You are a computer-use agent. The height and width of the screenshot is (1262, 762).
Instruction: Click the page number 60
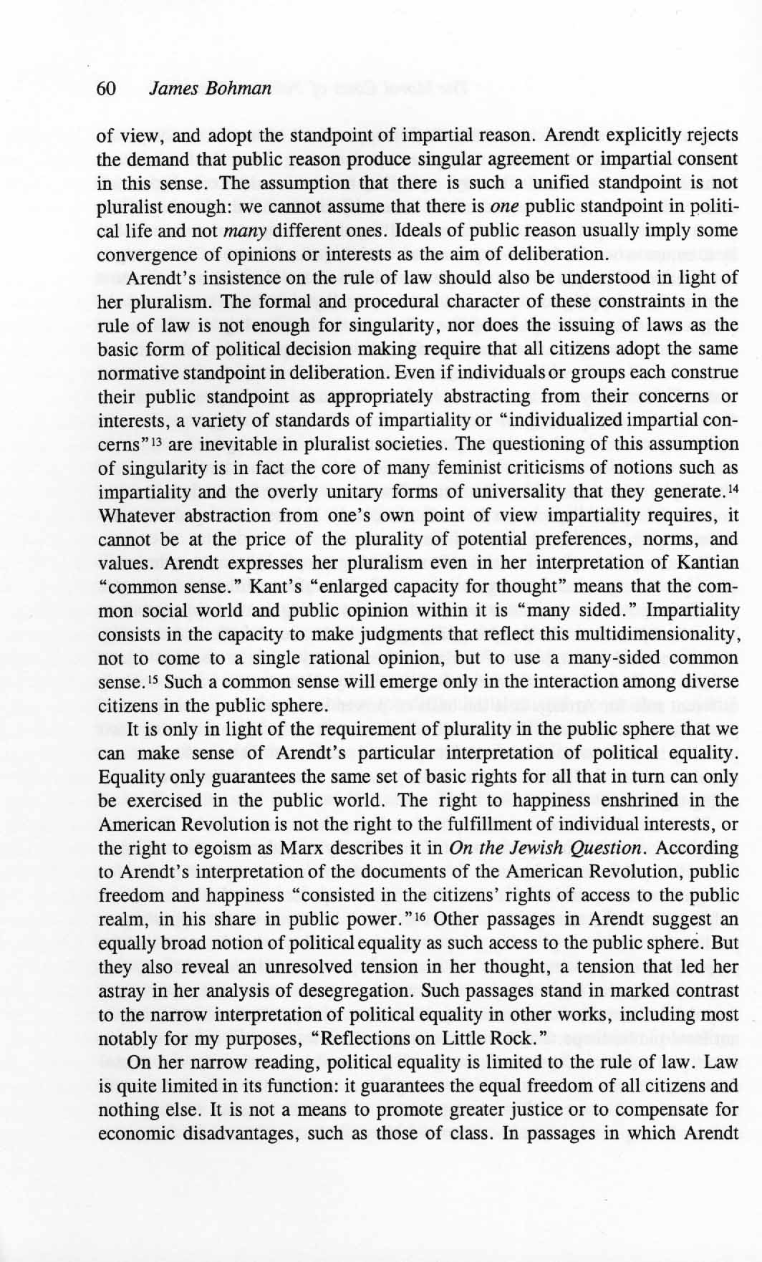(x=105, y=88)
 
